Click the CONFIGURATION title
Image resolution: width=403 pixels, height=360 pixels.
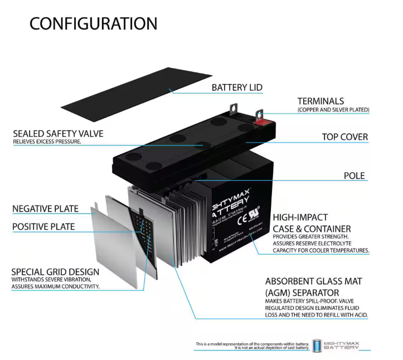93,23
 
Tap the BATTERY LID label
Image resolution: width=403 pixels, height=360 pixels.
237,87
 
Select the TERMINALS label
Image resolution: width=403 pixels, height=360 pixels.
321,101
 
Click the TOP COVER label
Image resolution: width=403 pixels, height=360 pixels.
344,137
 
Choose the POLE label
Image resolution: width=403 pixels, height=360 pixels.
354,176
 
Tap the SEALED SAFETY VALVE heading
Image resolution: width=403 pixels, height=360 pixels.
58,134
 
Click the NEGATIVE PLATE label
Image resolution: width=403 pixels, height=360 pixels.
45,209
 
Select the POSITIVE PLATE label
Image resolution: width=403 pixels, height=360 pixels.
43,227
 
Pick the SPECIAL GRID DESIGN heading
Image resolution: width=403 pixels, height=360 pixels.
55,272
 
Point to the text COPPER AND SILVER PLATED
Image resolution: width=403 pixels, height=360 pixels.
333,110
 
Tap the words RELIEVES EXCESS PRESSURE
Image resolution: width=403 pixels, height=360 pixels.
47,142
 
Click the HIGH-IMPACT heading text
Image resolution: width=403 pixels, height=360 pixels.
300,217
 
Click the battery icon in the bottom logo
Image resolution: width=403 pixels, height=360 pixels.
317,346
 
